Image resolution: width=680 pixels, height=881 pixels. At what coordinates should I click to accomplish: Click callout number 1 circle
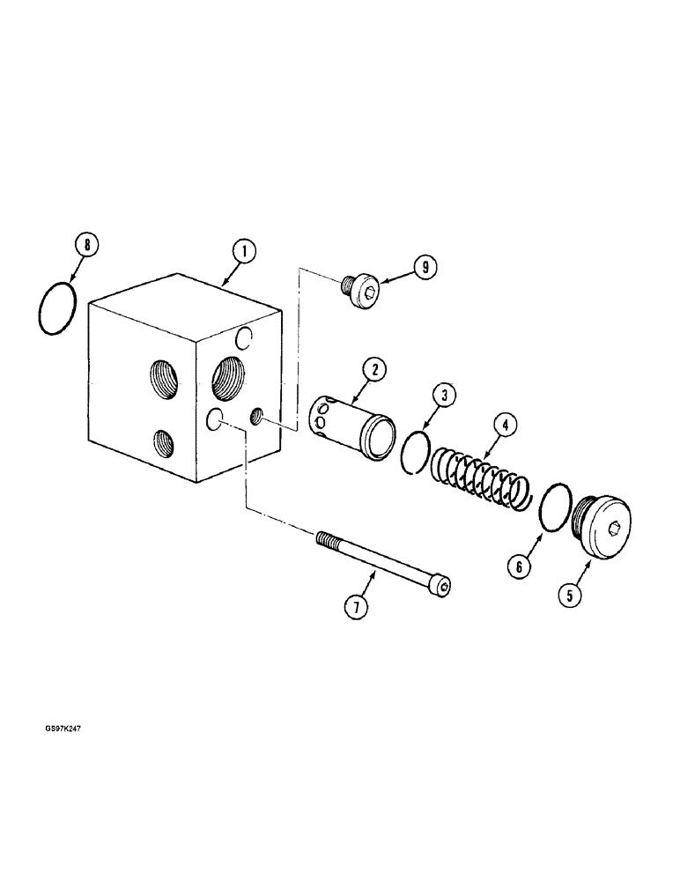point(243,251)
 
